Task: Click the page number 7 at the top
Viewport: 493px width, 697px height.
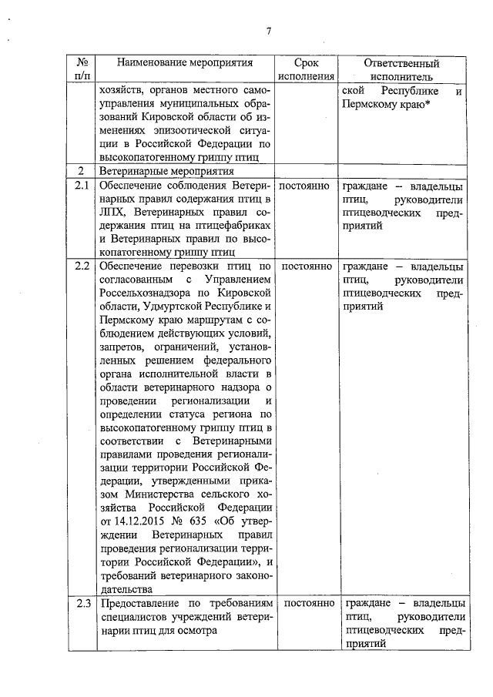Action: pos(268,31)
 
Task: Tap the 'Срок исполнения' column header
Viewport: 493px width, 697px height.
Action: pos(304,69)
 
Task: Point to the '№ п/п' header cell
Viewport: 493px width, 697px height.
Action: pos(82,69)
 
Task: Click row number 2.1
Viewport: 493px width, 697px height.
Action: pos(82,186)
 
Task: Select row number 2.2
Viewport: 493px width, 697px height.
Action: pos(82,266)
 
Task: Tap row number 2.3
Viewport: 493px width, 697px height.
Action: pos(82,603)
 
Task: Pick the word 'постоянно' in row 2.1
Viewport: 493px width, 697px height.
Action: pos(304,186)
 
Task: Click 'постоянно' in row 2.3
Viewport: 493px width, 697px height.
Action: pos(304,603)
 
